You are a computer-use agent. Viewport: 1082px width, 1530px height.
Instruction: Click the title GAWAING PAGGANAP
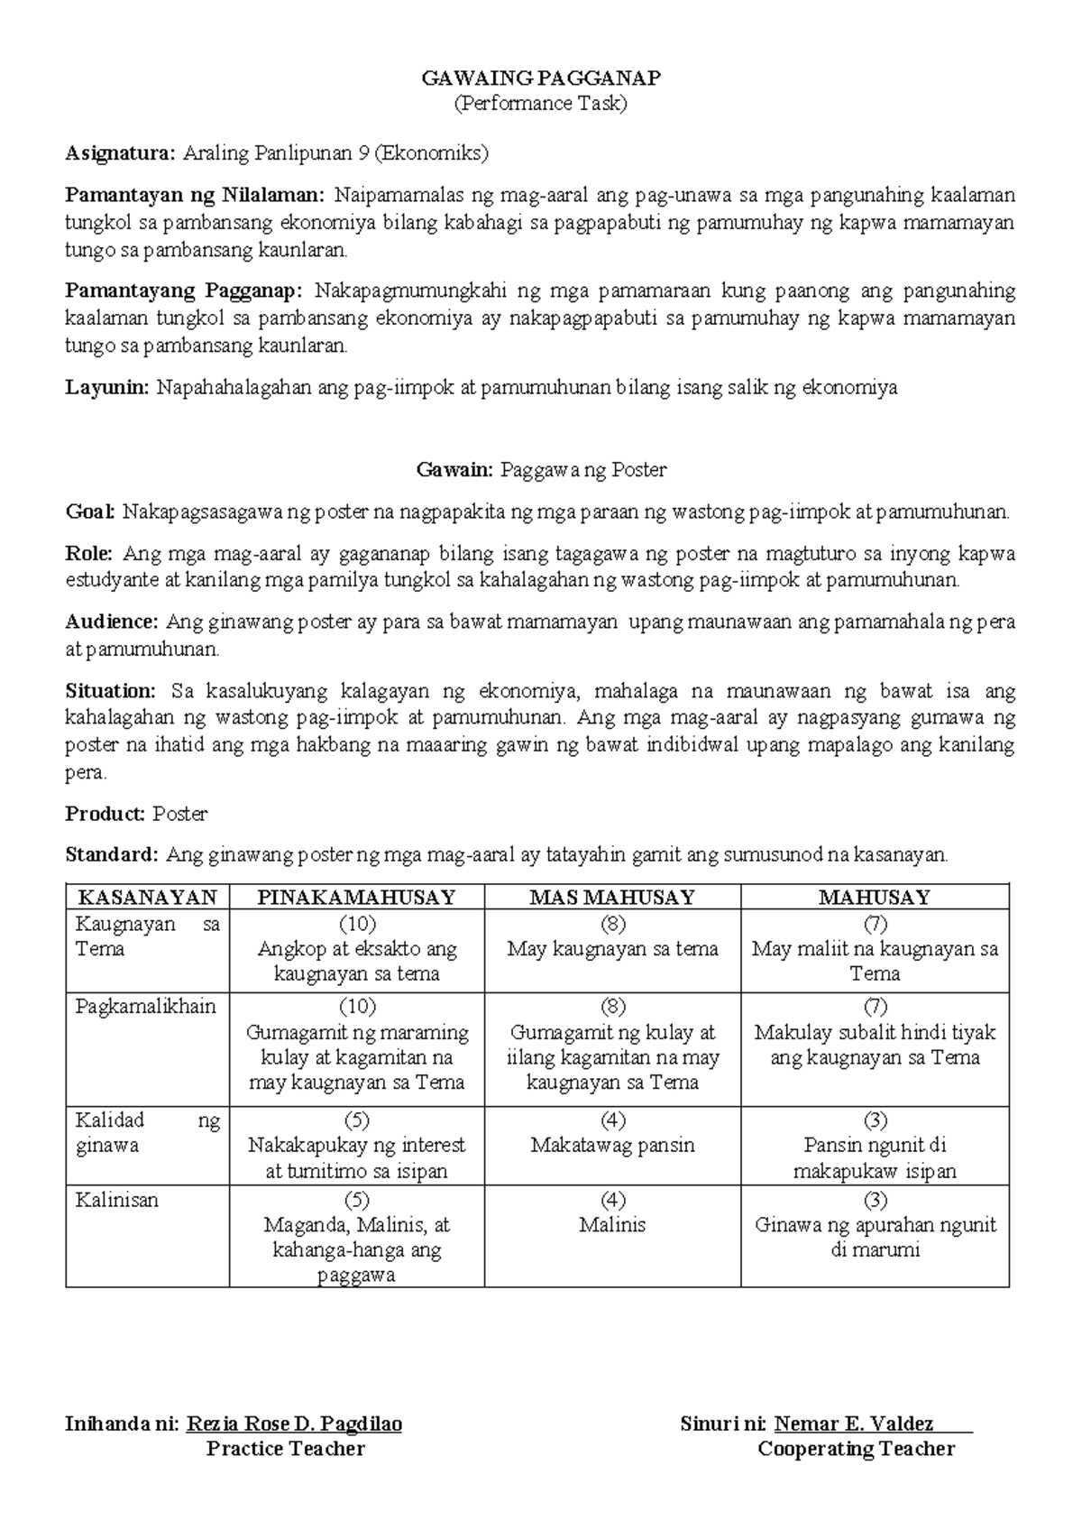coord(541,78)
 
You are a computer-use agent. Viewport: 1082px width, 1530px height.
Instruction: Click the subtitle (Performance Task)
coord(541,103)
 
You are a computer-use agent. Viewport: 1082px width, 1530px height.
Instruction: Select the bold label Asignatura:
coord(121,152)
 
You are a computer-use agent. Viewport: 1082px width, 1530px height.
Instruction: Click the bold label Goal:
coord(90,513)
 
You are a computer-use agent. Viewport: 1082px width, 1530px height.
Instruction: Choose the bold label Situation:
coord(111,692)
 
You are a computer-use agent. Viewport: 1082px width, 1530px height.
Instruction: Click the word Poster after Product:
coord(179,814)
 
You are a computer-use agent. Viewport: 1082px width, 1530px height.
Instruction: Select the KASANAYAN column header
coord(148,897)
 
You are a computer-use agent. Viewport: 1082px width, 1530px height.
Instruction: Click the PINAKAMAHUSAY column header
coord(356,897)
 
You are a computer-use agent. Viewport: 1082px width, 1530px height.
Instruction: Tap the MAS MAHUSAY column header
coord(612,897)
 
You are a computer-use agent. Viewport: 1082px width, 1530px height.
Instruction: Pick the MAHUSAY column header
coord(874,897)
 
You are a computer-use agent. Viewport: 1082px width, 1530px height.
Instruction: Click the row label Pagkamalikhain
coord(146,1007)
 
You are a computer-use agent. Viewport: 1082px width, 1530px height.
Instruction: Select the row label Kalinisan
coord(117,1201)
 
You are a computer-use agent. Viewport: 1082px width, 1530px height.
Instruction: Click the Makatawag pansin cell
coord(612,1146)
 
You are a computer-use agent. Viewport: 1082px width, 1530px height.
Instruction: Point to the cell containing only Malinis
coord(612,1225)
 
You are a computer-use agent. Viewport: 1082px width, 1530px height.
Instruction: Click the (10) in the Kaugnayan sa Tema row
coord(357,924)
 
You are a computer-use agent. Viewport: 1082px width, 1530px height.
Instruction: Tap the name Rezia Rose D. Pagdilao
coord(294,1424)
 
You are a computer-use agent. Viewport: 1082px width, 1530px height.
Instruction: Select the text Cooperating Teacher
coord(856,1449)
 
